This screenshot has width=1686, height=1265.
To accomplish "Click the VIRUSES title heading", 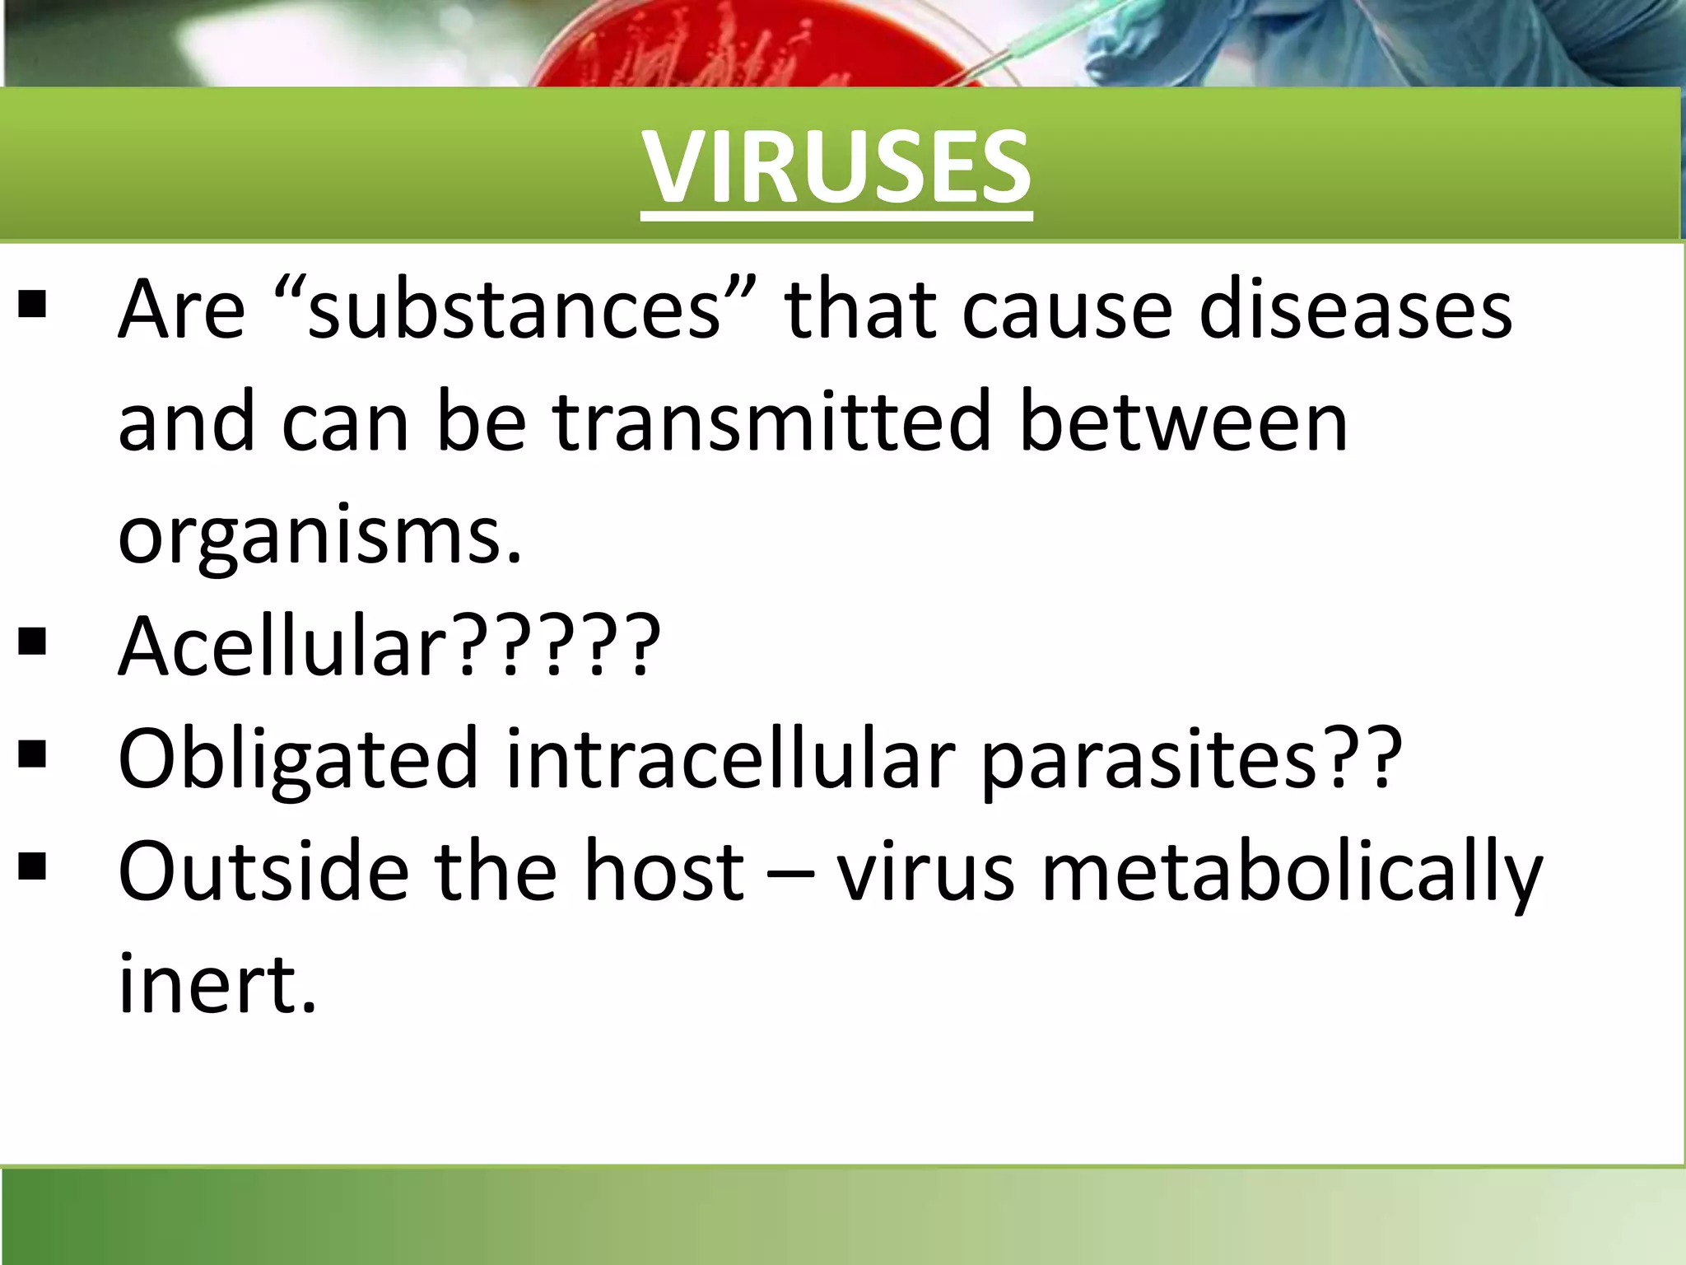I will [x=836, y=169].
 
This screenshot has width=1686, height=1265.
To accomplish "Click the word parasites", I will [x=1149, y=759].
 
